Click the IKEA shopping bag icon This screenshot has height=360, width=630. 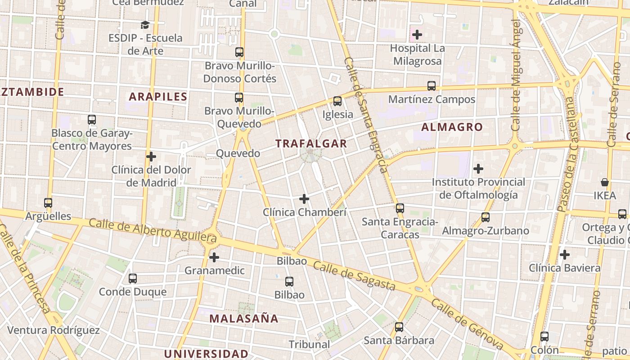605,182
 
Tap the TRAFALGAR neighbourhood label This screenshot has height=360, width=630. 311,144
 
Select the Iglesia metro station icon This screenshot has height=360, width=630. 337,101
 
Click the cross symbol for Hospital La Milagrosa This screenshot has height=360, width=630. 417,34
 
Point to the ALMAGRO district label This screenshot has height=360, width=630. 452,127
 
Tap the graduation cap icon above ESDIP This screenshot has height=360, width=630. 145,25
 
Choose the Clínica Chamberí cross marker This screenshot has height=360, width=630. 304,198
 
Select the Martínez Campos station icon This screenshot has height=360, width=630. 432,85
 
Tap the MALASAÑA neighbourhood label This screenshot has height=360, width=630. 244,319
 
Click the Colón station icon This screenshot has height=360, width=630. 544,336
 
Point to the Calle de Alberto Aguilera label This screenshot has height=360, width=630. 153,229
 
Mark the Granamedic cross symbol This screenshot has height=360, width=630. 214,257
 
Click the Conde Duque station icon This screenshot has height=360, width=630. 132,279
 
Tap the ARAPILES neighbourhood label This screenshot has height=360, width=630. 158,96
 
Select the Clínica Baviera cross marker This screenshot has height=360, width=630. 565,255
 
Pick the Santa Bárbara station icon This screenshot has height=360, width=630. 399,327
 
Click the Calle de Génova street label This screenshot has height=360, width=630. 467,324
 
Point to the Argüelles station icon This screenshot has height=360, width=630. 48,203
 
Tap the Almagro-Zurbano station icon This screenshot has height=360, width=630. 486,217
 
